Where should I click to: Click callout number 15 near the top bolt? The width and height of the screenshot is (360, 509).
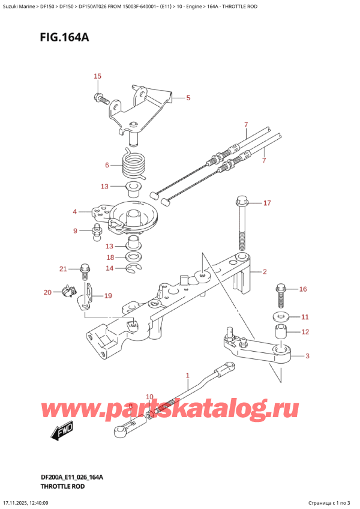click(97, 76)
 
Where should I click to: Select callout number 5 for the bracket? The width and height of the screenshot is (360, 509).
click(188, 98)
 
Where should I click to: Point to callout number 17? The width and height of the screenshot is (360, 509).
click(267, 203)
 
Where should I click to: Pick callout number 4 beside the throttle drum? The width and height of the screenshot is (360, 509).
click(75, 211)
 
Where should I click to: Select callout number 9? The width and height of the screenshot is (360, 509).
click(75, 230)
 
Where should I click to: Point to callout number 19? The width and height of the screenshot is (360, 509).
click(108, 295)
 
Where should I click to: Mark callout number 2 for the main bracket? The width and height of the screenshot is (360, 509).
click(263, 272)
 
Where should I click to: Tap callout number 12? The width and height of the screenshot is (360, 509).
click(305, 332)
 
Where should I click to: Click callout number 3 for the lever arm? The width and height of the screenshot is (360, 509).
click(308, 356)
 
